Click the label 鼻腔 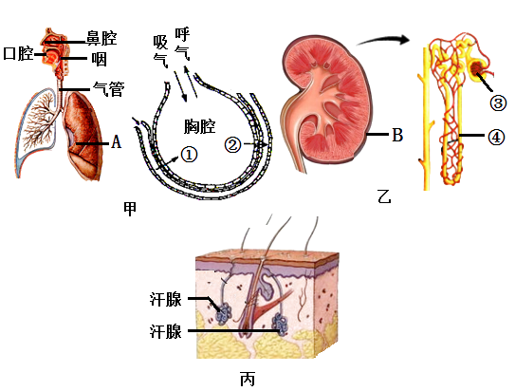[101, 38]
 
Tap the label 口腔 [18, 53]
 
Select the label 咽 [100, 60]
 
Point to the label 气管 [109, 88]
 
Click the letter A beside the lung [116, 142]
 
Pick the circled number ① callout [189, 155]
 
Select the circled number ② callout [232, 144]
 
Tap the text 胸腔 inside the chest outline [199, 126]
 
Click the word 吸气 [160, 51]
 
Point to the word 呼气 [182, 44]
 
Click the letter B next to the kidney [397, 135]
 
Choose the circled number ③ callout [498, 103]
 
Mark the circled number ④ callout [496, 138]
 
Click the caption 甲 [130, 209]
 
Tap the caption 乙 [384, 196]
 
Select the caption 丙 [248, 380]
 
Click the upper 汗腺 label [166, 299]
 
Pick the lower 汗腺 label [166, 331]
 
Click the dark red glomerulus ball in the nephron [477, 67]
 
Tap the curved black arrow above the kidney [383, 40]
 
